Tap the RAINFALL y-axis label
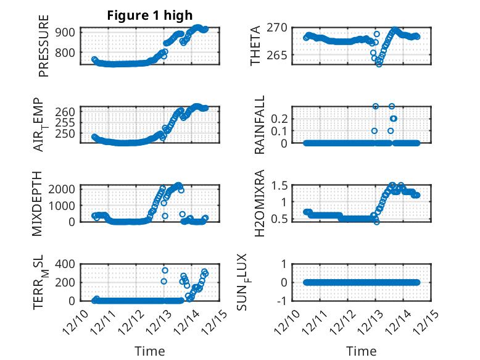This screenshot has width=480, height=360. (260, 125)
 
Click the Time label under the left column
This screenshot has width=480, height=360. (150, 351)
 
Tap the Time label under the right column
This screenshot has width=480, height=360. (362, 351)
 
